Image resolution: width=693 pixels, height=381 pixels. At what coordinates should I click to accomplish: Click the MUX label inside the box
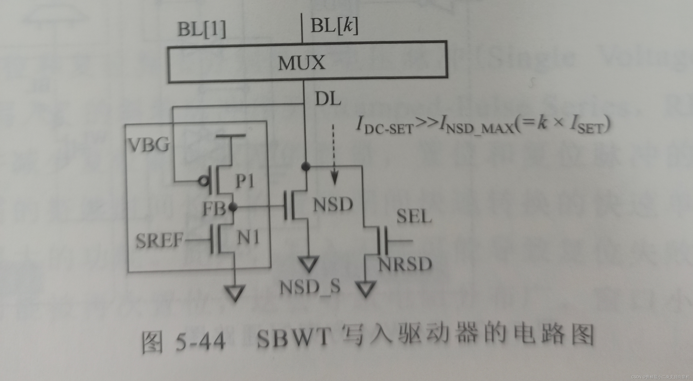coord(302,63)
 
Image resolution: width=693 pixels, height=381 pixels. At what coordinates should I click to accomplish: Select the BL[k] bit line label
coord(334,26)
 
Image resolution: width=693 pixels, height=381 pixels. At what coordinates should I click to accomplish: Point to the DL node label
coord(328,99)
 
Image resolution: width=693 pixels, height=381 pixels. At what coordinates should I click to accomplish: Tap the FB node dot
coord(233,207)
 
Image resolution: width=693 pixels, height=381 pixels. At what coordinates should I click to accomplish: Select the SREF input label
coord(159,240)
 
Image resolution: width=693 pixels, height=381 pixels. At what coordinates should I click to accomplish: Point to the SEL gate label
coord(414,216)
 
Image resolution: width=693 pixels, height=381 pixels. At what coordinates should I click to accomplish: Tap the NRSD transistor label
coord(405,264)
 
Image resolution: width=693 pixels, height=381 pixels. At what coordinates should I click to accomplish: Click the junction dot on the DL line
coord(305,166)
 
